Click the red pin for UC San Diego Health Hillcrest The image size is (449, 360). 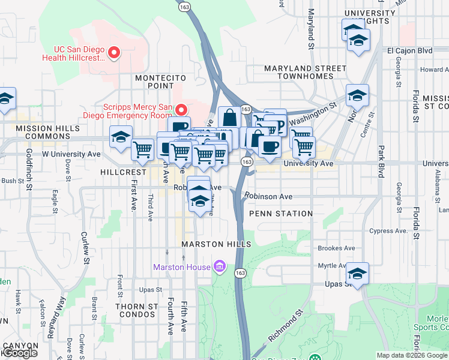[x=113, y=54]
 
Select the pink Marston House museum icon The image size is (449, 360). [x=220, y=266]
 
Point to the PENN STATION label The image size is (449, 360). [x=281, y=214]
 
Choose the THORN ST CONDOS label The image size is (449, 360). [x=137, y=310]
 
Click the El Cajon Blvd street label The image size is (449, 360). [x=410, y=51]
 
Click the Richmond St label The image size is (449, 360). [x=283, y=327]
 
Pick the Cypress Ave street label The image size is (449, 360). [x=389, y=230]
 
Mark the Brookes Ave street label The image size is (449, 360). [x=337, y=248]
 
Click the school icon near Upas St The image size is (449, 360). [x=357, y=273]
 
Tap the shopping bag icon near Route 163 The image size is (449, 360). [x=229, y=117]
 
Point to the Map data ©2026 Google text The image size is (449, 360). [x=412, y=355]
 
